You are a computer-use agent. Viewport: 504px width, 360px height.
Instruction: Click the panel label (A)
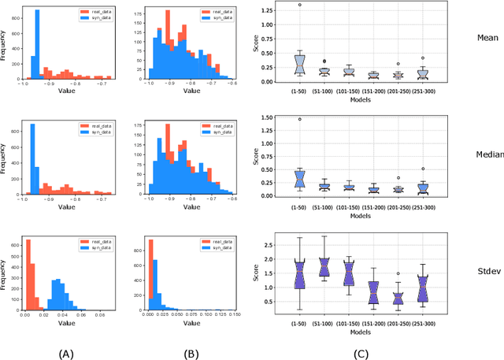click(x=66, y=354)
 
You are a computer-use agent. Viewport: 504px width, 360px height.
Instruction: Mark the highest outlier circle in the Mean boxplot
click(x=277, y=5)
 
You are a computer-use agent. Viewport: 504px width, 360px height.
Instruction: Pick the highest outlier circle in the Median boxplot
click(x=277, y=120)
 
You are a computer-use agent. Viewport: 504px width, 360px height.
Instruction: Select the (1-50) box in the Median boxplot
click(x=277, y=178)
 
